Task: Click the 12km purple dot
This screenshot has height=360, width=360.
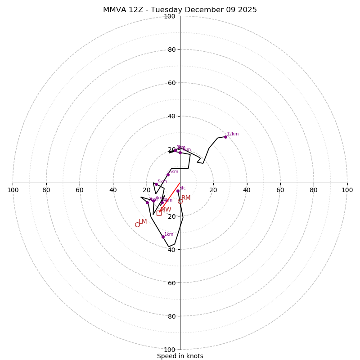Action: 225,137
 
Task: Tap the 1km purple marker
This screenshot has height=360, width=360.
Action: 163,237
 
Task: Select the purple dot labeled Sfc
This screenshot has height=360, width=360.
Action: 178,191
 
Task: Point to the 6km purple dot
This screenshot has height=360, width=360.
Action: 168,175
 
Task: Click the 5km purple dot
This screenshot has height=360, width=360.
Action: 156,184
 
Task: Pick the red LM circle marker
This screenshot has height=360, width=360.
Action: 137,225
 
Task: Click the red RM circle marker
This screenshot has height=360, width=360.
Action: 180,201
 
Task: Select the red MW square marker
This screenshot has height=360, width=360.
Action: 159,213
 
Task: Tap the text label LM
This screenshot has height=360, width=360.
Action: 143,221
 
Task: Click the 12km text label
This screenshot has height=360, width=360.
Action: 233,134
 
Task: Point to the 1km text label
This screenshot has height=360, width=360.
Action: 169,234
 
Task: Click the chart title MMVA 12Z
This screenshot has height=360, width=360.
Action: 180,10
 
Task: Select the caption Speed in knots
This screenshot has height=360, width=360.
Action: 180,356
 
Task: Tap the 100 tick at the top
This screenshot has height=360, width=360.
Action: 170,16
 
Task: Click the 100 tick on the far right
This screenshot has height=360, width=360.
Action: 347,190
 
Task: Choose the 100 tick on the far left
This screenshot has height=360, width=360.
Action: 13,190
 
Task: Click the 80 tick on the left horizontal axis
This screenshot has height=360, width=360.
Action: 46,190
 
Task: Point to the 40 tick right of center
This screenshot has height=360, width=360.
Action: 247,190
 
